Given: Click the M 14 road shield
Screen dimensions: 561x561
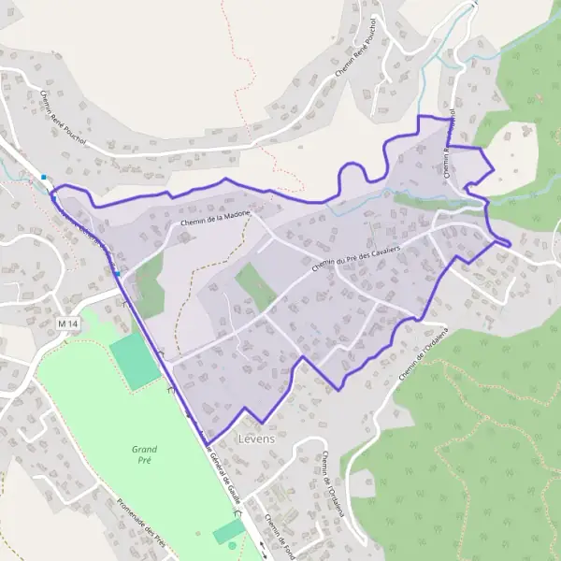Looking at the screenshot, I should pyautogui.click(x=67, y=324).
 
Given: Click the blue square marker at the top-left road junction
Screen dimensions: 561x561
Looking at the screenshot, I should pyautogui.click(x=44, y=177).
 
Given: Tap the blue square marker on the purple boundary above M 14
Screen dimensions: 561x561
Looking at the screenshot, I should pyautogui.click(x=118, y=273).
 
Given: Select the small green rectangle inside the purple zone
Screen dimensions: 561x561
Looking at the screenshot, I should pyautogui.click(x=254, y=286).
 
